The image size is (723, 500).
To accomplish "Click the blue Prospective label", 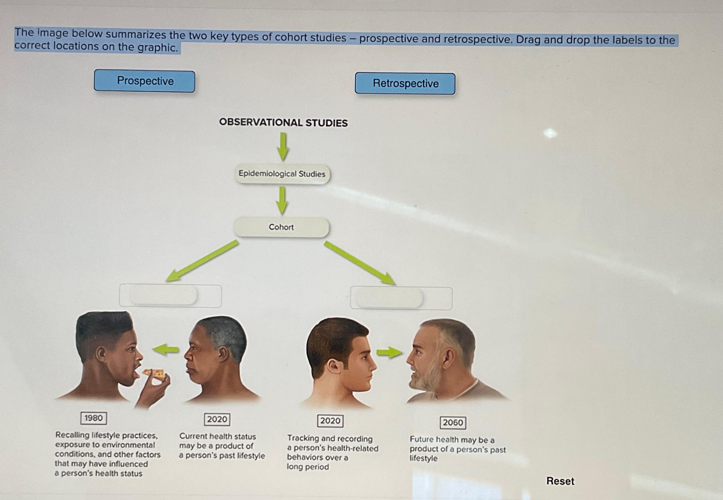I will point(145,81).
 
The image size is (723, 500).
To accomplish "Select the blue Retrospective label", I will point(405,83).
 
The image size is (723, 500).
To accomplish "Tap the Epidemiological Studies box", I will point(282,174).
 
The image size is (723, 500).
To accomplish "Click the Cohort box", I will point(281,227).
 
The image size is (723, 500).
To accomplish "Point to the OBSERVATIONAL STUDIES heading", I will point(283,123).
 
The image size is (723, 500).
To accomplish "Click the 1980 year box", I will point(94,418).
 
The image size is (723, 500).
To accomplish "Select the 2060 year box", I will point(453,423).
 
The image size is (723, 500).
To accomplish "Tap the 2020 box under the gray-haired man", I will point(217,419).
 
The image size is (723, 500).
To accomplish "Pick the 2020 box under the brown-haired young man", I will point(330,421).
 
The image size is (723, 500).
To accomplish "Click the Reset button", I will point(560,481).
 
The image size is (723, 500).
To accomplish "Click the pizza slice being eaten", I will point(154,373).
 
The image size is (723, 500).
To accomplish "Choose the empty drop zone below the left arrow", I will point(170,296).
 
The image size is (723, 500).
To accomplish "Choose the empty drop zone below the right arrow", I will point(401,298).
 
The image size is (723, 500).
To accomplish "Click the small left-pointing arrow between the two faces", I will point(166,349).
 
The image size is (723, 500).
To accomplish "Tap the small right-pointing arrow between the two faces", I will point(389,352).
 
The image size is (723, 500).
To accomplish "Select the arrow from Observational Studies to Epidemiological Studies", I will point(283,146).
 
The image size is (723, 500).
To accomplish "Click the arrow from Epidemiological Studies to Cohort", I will point(282,200).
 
